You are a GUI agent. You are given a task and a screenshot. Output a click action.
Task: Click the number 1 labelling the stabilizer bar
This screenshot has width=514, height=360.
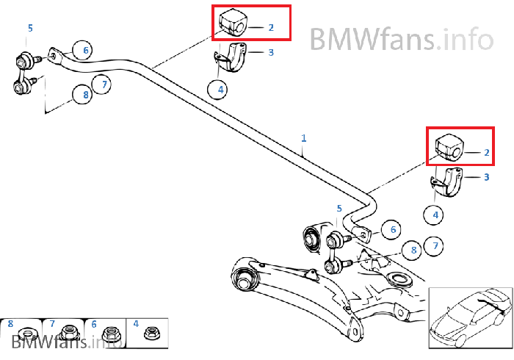tap(304, 138)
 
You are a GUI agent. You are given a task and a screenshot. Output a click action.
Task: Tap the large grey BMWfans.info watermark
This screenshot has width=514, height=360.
tap(401, 37)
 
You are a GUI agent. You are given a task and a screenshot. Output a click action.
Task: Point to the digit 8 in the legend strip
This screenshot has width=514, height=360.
tap(10, 323)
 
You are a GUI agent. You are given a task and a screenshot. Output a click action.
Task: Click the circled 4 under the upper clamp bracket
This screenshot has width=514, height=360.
tap(217, 90)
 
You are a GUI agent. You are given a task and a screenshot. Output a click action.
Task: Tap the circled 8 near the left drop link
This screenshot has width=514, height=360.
tap(83, 95)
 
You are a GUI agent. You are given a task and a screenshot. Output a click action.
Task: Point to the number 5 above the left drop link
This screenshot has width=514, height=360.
tap(30, 28)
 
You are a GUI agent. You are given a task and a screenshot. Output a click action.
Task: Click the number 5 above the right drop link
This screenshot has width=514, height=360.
tap(339, 209)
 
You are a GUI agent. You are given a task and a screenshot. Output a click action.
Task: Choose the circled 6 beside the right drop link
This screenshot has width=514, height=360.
tap(393, 230)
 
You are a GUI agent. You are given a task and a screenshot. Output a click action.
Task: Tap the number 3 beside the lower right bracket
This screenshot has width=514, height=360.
tap(486, 177)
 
